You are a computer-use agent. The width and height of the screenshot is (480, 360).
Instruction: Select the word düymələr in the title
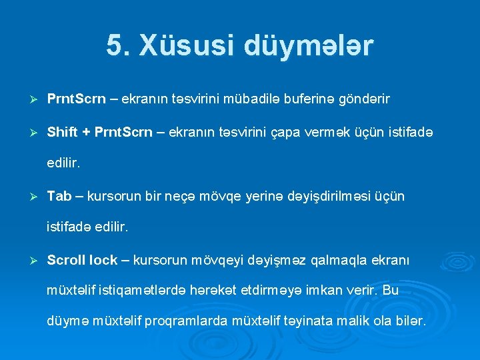pyautogui.click(x=310, y=46)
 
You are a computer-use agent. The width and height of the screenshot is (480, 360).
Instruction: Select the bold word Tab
pyautogui.click(x=59, y=196)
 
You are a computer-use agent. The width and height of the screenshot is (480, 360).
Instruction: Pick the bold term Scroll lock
pyautogui.click(x=82, y=260)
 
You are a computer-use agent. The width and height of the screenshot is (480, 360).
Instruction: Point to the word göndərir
pyautogui.click(x=365, y=100)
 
